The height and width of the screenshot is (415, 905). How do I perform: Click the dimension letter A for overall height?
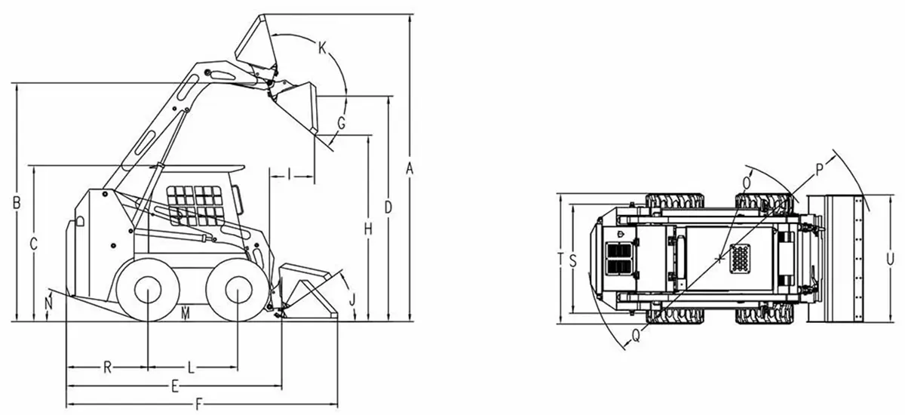coord(410,168)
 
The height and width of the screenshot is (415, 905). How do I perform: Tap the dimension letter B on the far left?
coord(17,203)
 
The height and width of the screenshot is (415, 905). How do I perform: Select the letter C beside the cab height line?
coord(34,244)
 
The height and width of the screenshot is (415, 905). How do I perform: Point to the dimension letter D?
coord(388,207)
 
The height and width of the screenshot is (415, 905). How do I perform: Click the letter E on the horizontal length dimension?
coord(174,387)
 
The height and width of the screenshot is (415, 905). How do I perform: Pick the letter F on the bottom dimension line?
coord(198,404)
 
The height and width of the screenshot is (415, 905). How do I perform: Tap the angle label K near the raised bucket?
coord(322,48)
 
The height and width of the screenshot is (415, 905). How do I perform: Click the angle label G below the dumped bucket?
coord(342,123)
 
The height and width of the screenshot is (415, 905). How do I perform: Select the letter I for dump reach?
coord(290,174)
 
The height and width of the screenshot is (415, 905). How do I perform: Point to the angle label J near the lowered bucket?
coord(352,300)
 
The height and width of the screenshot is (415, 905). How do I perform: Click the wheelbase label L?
coord(192,367)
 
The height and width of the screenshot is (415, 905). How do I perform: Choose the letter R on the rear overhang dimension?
coord(107,367)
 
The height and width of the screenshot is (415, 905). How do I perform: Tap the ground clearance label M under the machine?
coord(185,314)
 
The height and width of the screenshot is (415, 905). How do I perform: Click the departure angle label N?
coord(49,303)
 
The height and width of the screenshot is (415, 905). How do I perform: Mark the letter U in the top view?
coord(890,259)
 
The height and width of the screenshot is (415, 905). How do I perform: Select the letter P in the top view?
coord(819,170)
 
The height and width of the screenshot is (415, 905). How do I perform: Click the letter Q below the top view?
coord(636,335)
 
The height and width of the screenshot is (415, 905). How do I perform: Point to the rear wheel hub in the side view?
coord(148,290)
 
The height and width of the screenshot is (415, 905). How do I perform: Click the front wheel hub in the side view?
coord(238,290)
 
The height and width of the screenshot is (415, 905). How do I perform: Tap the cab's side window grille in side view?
coord(195,205)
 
